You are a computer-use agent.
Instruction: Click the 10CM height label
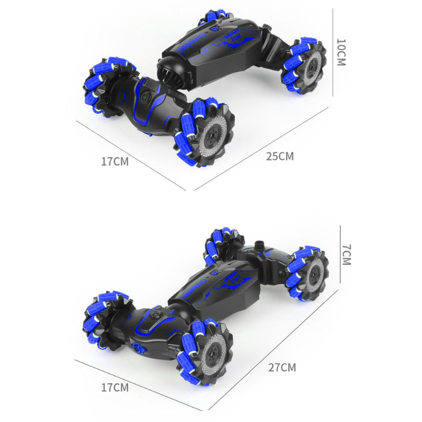coord(341,52)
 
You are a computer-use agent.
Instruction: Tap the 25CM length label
coord(280,156)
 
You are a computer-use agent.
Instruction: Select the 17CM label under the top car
coord(115,161)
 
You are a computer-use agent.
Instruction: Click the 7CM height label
coord(347,255)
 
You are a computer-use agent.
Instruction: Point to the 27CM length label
coord(282,367)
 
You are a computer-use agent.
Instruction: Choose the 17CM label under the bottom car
coord(115,387)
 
